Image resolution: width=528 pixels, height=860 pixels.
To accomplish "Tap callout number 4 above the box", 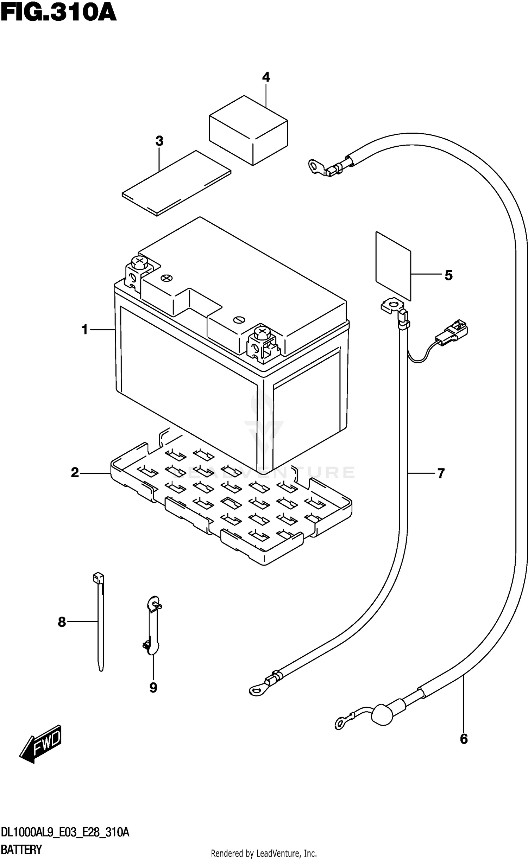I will pyautogui.click(x=266, y=77).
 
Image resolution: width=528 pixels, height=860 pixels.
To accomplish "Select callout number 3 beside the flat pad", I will pyautogui.click(x=159, y=141).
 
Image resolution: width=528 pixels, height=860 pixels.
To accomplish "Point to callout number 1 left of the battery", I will pyautogui.click(x=84, y=330).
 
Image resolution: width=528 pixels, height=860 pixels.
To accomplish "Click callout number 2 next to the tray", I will pyautogui.click(x=75, y=473).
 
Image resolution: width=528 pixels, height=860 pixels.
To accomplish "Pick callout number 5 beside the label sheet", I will pyautogui.click(x=448, y=275).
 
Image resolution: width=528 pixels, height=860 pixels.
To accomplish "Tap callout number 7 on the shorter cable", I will pyautogui.click(x=441, y=473).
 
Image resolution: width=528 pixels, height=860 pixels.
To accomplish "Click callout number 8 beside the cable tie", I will pyautogui.click(x=62, y=622).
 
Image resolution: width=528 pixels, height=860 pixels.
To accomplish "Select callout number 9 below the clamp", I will pyautogui.click(x=153, y=688).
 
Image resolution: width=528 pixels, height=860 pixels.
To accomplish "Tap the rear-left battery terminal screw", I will pyautogui.click(x=140, y=261).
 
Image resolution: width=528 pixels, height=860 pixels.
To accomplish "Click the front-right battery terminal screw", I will pyautogui.click(x=262, y=331).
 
